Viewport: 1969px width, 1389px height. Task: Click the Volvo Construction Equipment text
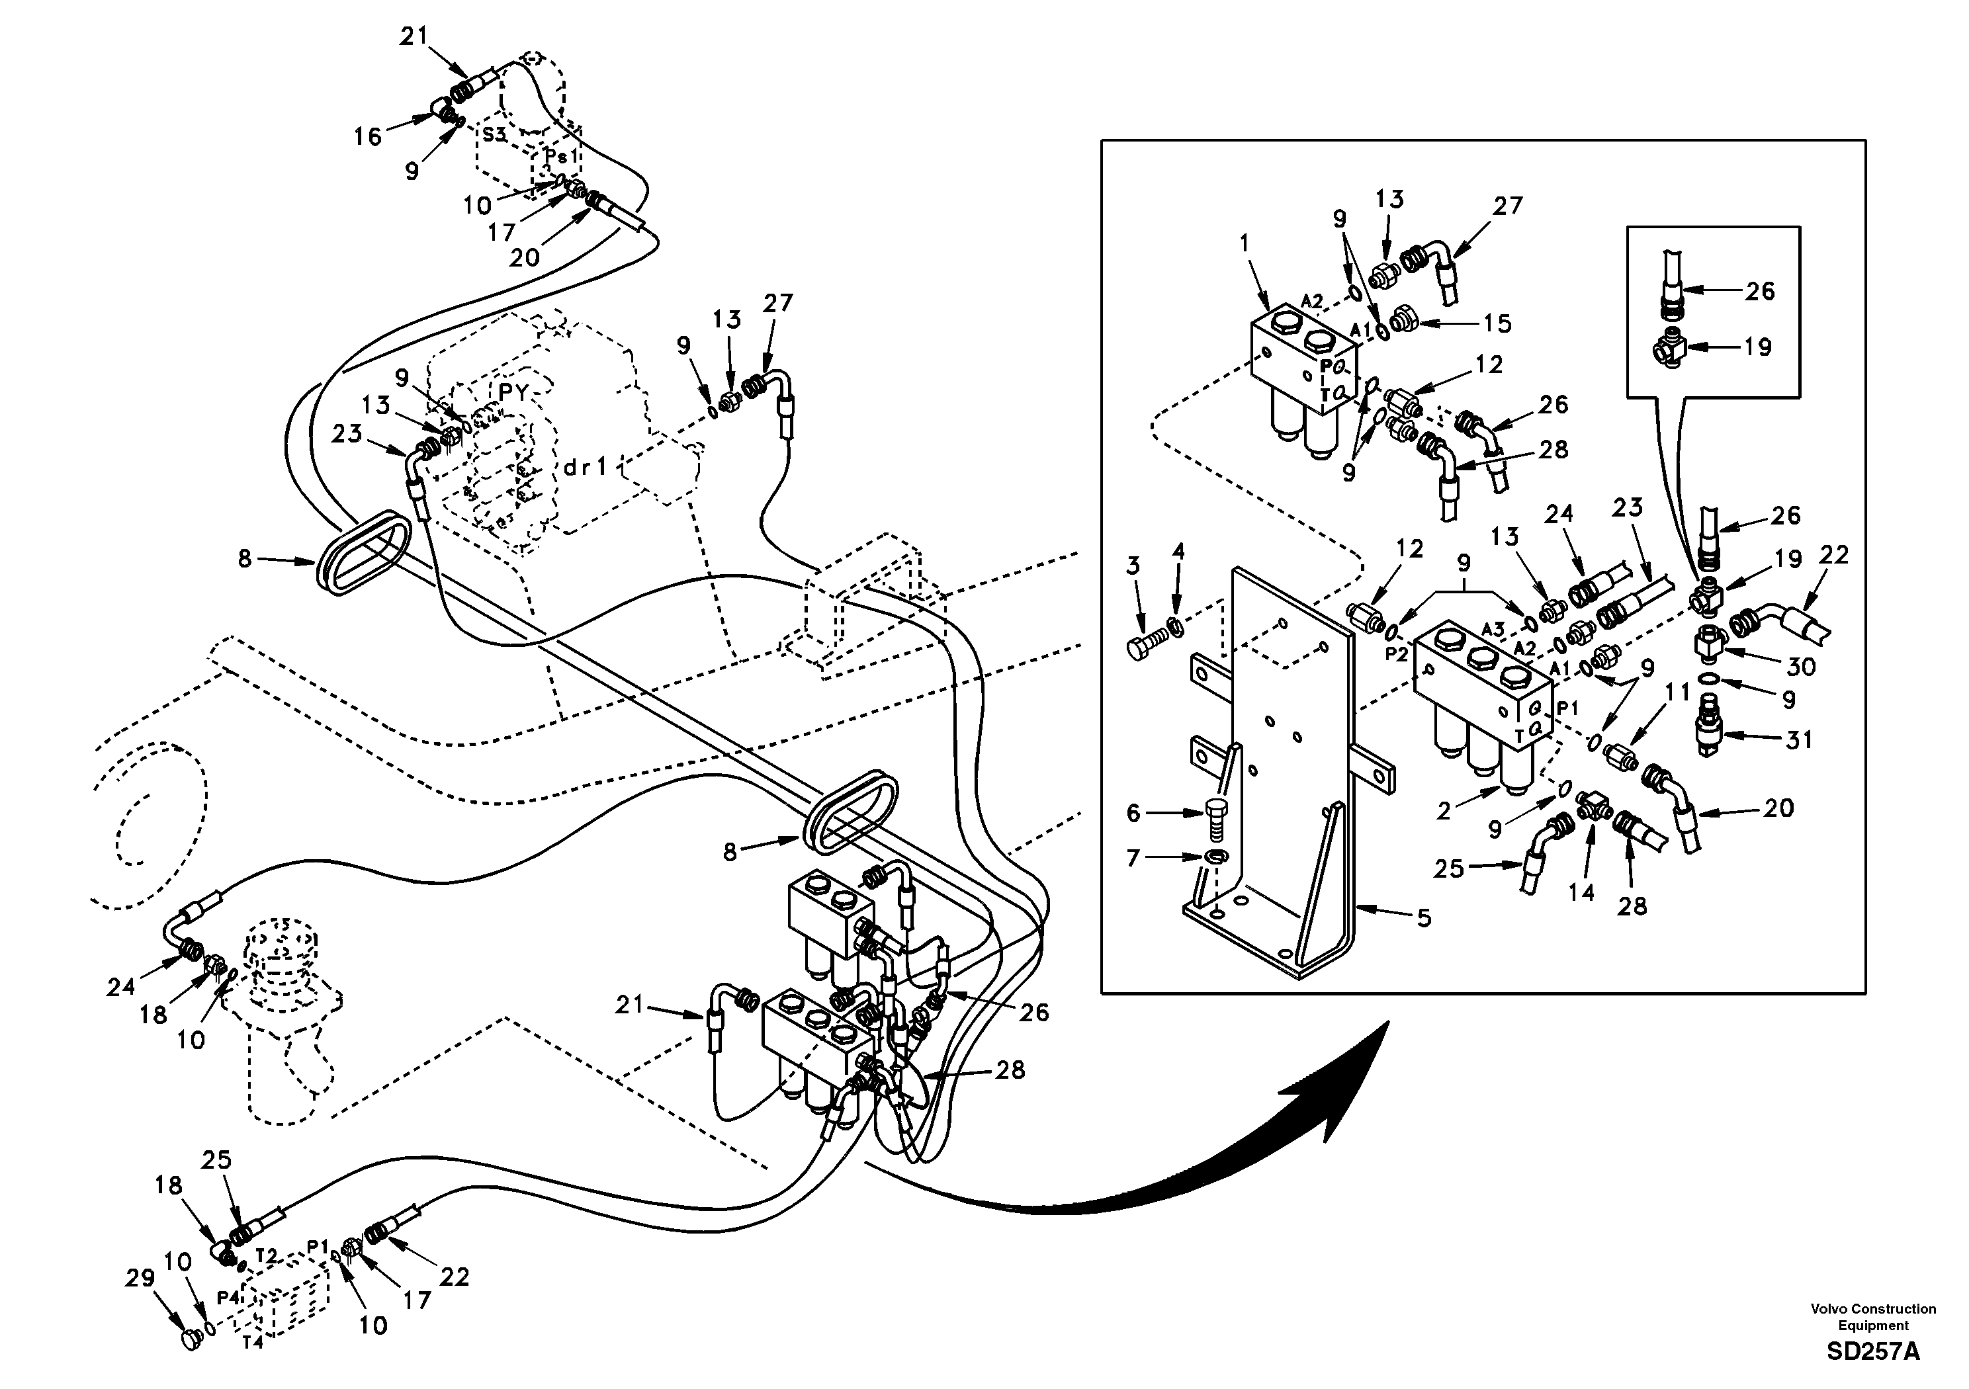1873,1316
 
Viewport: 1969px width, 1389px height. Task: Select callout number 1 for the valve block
1245,243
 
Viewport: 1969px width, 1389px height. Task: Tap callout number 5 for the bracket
1424,918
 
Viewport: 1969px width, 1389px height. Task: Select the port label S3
494,135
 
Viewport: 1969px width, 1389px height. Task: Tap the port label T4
251,1343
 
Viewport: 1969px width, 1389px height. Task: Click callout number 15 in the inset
1498,324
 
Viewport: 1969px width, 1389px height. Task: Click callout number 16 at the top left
368,136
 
